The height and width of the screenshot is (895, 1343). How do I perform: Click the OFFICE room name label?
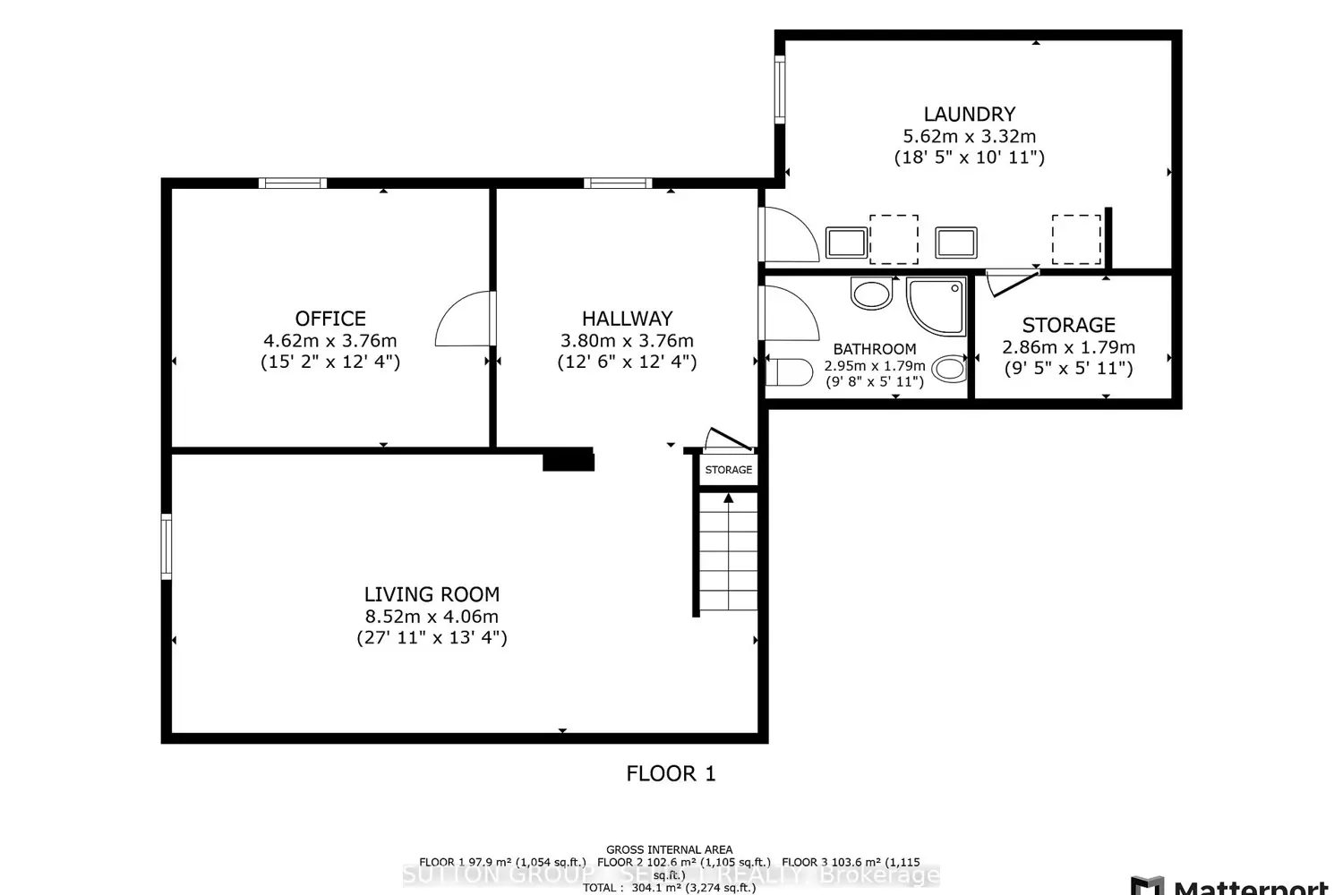330,319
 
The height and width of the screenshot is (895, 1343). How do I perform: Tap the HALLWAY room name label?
627,319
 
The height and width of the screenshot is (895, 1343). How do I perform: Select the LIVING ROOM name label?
432,594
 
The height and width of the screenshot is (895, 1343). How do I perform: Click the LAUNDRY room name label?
970,115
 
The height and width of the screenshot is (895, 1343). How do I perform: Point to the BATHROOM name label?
875,349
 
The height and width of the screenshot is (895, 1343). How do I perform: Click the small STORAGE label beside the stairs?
728,470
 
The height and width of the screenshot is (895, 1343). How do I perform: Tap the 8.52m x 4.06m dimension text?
432,617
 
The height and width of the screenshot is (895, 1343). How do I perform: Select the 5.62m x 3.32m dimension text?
970,137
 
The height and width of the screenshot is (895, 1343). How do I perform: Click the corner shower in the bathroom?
936,304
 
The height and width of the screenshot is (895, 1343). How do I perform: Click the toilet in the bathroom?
791,371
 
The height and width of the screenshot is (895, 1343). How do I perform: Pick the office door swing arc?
464,320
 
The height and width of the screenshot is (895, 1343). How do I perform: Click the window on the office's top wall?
293,183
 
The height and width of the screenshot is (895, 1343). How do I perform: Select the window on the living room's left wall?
167,546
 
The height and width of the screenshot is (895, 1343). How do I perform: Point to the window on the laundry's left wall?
780,89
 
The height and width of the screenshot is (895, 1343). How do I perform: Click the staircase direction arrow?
729,499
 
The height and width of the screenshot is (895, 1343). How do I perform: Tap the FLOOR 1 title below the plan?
671,773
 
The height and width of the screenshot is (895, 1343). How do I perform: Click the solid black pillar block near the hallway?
569,460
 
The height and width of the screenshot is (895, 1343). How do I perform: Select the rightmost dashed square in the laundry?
1076,240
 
